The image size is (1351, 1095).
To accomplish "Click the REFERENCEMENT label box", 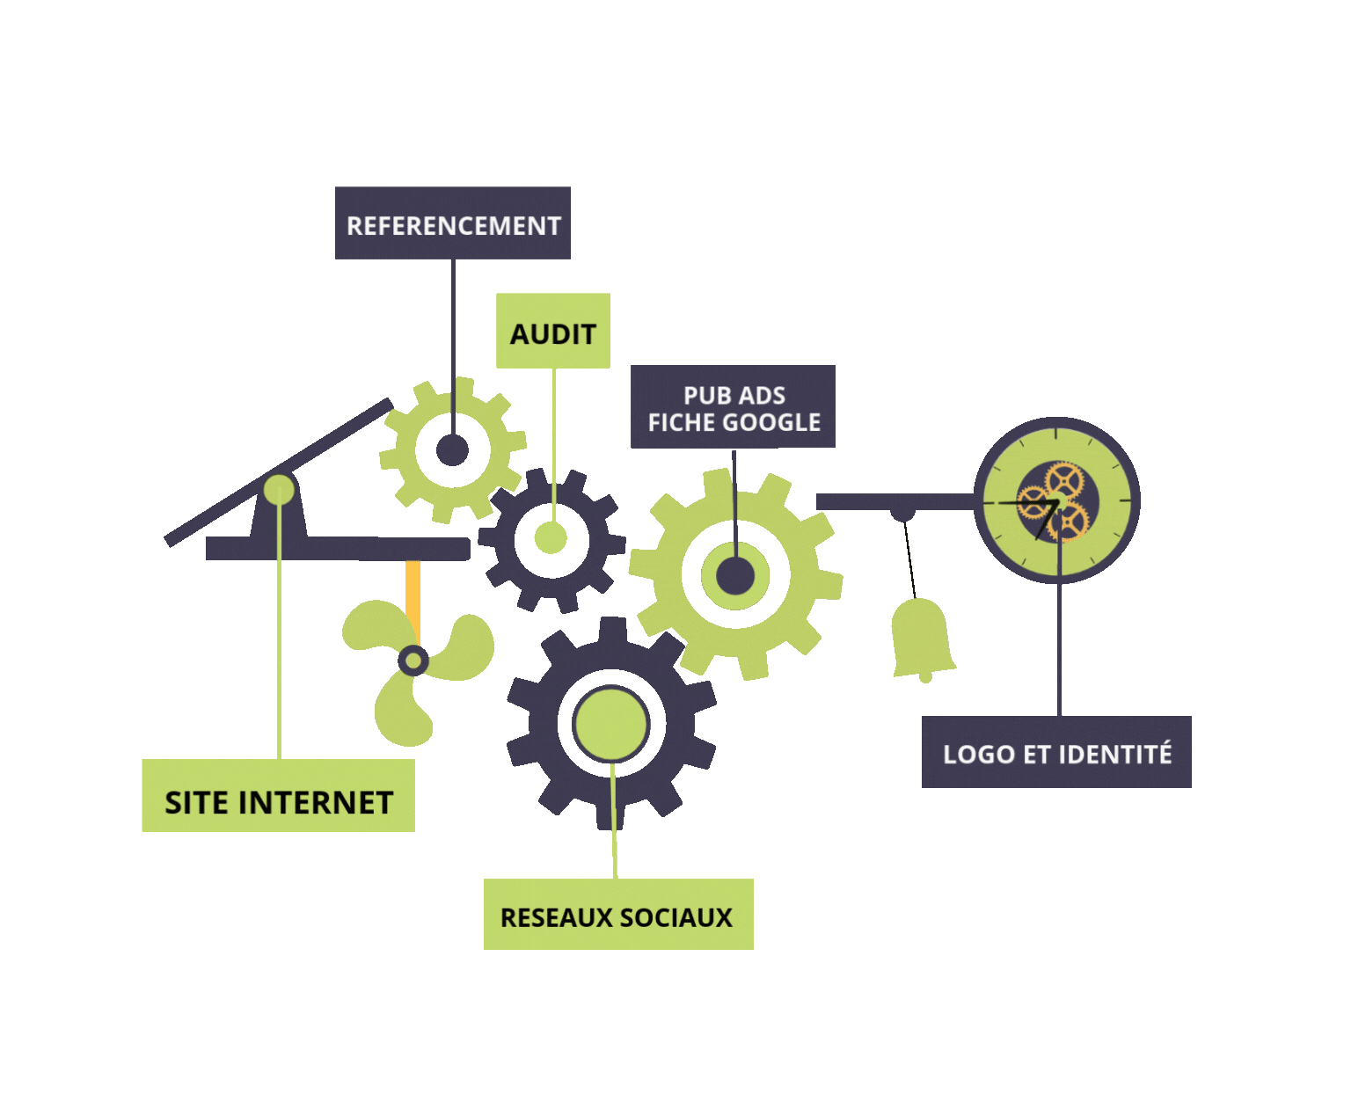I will [x=453, y=224].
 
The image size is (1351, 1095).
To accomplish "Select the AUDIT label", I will [x=553, y=333].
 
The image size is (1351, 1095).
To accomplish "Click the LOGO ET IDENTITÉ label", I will [x=1056, y=753].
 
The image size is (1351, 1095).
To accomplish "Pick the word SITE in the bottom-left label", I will [x=197, y=803].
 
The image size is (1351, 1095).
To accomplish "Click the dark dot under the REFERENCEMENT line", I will [x=452, y=450].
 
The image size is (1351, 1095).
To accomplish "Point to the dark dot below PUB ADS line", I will [x=735, y=577].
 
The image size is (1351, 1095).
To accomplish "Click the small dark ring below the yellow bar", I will [x=413, y=660].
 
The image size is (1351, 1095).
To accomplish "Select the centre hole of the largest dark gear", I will [x=610, y=724].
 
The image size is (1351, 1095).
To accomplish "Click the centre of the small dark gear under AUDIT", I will [x=551, y=539].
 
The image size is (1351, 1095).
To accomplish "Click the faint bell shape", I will [x=922, y=638].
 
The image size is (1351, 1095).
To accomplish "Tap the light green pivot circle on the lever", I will [x=279, y=489].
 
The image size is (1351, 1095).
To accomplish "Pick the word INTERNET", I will [x=316, y=803].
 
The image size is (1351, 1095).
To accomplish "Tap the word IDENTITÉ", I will [x=1114, y=754].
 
